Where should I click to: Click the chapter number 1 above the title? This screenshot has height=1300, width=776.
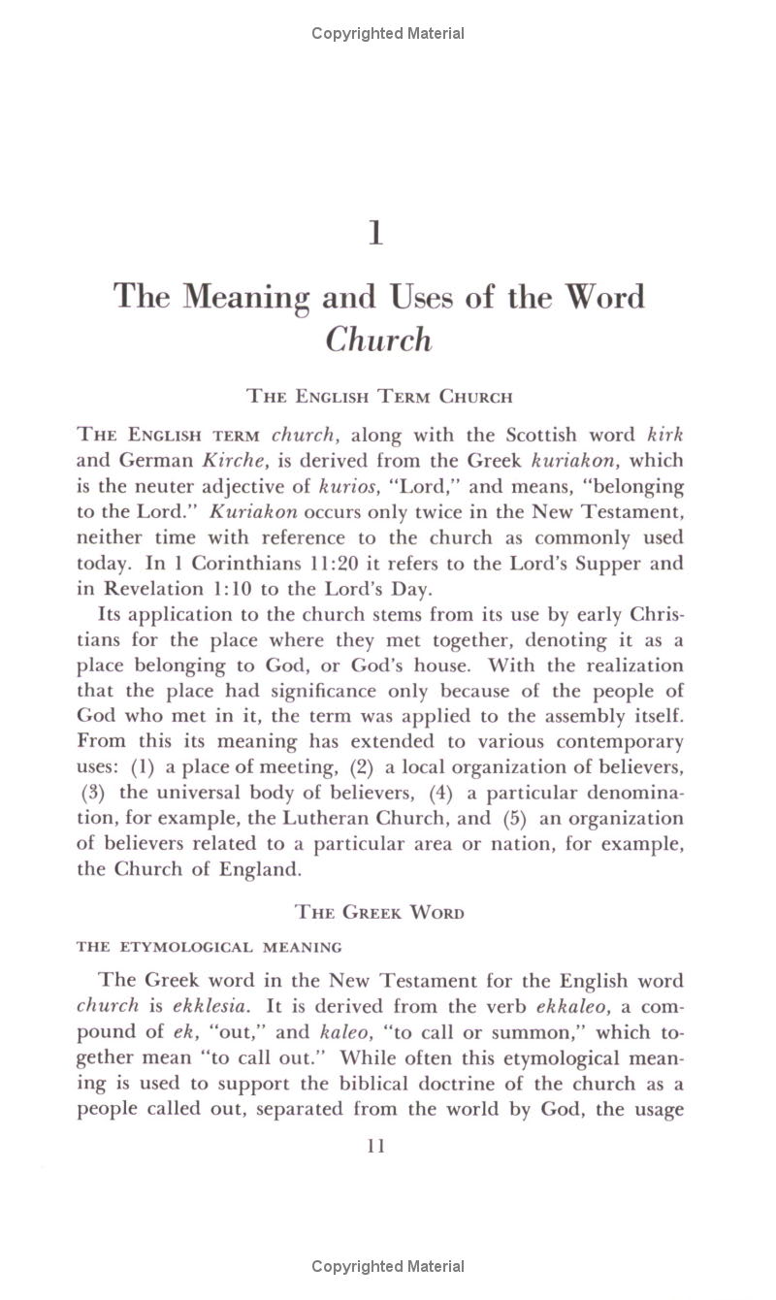[x=376, y=235]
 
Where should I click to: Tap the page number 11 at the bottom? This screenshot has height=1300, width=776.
[x=376, y=1146]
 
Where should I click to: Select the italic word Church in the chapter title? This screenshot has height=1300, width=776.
[x=378, y=340]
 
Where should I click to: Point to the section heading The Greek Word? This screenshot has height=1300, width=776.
[x=379, y=912]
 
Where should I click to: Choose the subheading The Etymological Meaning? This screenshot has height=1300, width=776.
[x=210, y=947]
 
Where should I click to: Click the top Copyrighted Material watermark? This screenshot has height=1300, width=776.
[x=388, y=34]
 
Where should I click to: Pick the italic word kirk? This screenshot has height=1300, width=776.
[x=664, y=435]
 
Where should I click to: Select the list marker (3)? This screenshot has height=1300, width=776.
[x=95, y=793]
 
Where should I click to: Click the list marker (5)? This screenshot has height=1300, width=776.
[x=515, y=818]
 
